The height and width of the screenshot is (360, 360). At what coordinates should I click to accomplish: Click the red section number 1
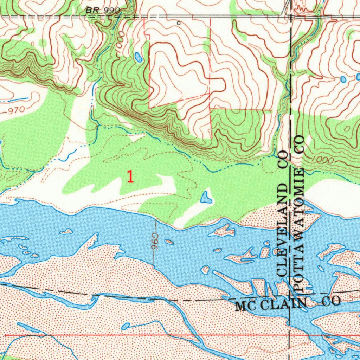(130, 176)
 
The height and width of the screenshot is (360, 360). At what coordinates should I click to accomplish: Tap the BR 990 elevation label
(103, 11)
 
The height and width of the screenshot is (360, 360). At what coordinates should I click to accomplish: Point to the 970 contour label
(16, 110)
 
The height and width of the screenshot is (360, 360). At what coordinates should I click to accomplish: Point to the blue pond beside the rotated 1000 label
(139, 57)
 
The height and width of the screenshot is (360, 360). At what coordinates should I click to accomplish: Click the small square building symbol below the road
(179, 23)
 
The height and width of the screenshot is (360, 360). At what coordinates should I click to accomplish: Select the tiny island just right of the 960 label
(169, 242)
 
